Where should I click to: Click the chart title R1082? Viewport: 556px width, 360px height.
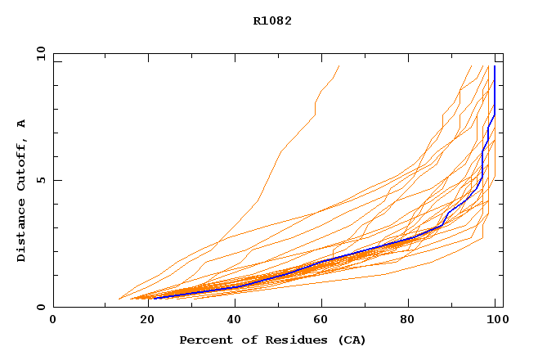tap(272, 21)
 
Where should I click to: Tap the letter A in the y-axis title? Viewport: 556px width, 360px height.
tap(21, 124)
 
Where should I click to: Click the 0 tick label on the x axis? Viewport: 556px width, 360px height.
tap(53, 320)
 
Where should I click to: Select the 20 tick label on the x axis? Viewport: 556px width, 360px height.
tap(141, 320)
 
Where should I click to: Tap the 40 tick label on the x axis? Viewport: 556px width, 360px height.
tap(231, 320)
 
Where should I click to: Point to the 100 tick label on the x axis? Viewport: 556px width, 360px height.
tap(495, 320)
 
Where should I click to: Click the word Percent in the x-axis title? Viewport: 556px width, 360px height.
tap(203, 340)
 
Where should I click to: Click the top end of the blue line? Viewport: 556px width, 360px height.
tap(495, 66)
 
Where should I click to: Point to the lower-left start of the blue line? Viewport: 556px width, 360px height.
tap(154, 299)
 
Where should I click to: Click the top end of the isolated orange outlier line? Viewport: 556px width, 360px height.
tap(339, 66)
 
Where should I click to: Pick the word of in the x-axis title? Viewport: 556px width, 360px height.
tap(248, 340)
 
